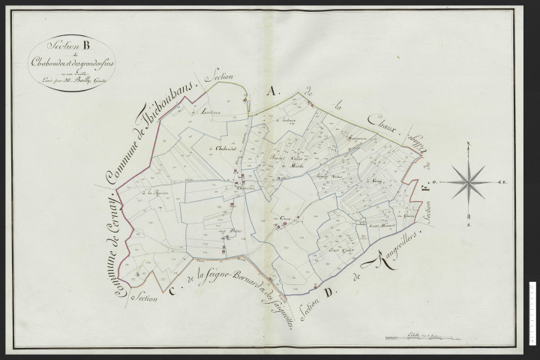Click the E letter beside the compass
(505, 181)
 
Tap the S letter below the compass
(469, 223)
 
